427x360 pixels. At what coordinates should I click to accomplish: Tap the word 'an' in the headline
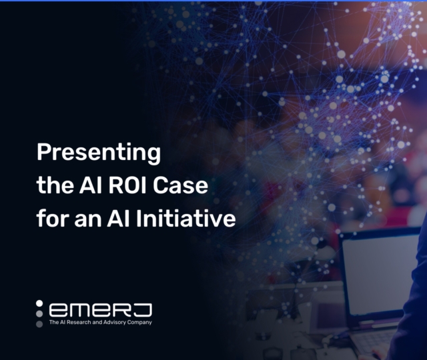pyautogui.click(x=85, y=218)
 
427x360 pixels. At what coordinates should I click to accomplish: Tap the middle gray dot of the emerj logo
pyautogui.click(x=39, y=313)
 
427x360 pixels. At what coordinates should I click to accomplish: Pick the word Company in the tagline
pyautogui.click(x=140, y=323)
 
